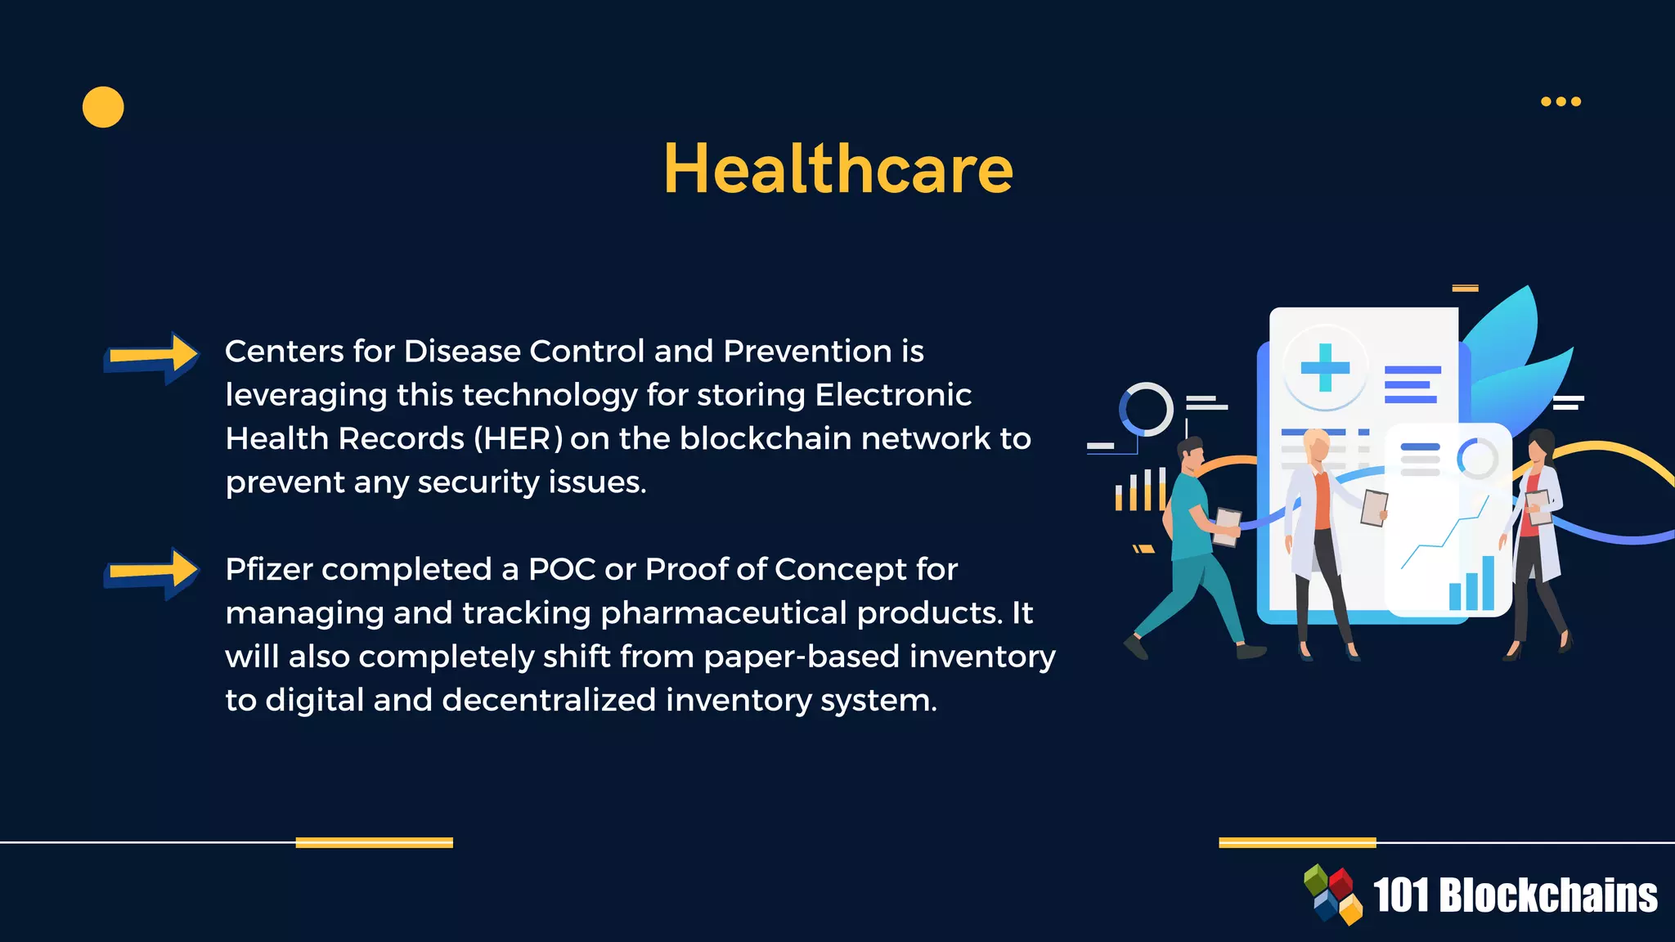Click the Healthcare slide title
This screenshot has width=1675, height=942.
pyautogui.click(x=837, y=169)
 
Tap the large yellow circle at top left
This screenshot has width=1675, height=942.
pyautogui.click(x=103, y=107)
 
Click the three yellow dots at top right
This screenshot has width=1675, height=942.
pyautogui.click(x=1560, y=101)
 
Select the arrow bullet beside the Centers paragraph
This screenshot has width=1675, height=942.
pyautogui.click(x=152, y=357)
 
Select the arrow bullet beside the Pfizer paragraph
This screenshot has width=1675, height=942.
pyautogui.click(x=152, y=572)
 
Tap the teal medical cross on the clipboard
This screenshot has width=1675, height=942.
pyautogui.click(x=1325, y=367)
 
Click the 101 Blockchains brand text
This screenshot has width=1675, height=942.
pyautogui.click(x=1515, y=895)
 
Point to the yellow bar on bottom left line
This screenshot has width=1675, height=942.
pyautogui.click(x=374, y=842)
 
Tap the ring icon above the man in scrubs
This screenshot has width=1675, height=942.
pyautogui.click(x=1146, y=409)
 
